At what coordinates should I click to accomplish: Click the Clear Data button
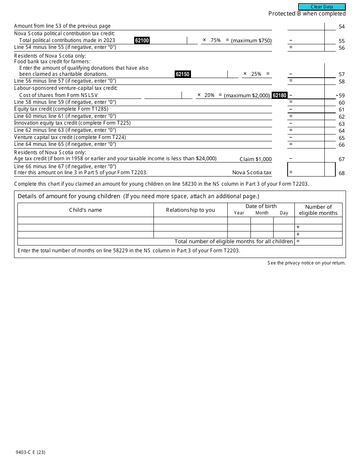pos(322,7)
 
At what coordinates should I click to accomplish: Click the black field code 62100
pos(142,41)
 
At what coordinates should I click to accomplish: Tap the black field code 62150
pos(183,74)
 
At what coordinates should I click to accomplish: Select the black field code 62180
pos(280,95)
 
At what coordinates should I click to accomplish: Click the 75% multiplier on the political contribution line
pos(216,40)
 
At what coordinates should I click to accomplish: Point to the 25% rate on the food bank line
pos(256,74)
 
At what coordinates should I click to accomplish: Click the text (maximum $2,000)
pos(247,95)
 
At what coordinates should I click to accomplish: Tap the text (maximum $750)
pos(251,41)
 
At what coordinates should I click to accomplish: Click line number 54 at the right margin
pos(341,27)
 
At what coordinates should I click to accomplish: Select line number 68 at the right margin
pos(341,173)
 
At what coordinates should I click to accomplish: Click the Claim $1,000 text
pos(255,159)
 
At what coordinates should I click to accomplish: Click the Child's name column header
pos(85,210)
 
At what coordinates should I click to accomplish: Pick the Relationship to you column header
pos(190,210)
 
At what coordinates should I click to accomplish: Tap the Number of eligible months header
pos(318,210)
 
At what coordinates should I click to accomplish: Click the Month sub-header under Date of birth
pos(262,213)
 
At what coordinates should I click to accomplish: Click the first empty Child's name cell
pos(85,220)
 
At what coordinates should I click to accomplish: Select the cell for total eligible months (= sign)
pos(318,242)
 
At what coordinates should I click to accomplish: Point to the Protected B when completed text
pos(307,14)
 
